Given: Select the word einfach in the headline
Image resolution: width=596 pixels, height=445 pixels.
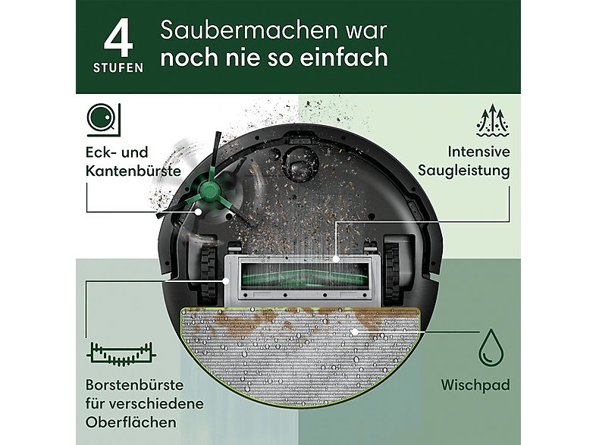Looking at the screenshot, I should [x=353, y=57].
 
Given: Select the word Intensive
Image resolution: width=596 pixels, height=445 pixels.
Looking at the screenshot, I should [x=479, y=151].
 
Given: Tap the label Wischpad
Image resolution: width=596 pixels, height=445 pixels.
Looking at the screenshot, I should [x=475, y=384].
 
